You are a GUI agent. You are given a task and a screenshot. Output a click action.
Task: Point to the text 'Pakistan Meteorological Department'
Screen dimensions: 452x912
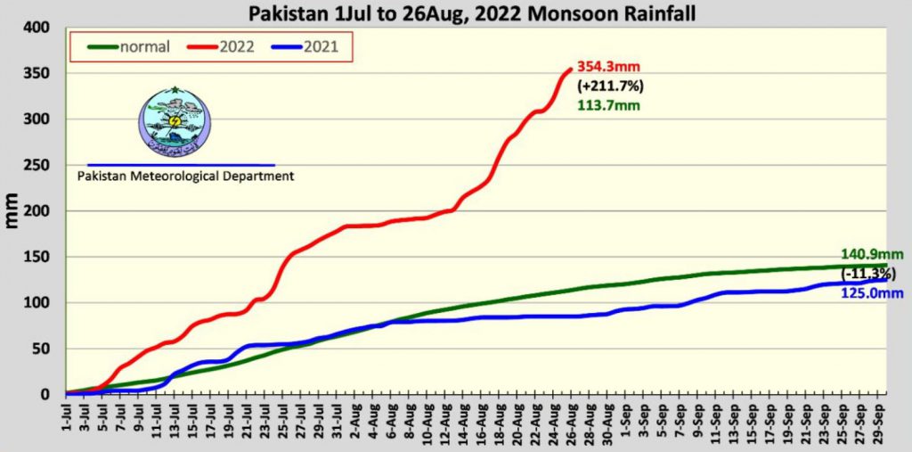pyautogui.click(x=185, y=177)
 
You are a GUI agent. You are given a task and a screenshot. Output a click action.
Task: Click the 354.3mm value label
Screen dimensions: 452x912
pyautogui.click(x=608, y=67)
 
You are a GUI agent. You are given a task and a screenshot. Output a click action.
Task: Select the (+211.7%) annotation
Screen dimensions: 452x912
pyautogui.click(x=611, y=86)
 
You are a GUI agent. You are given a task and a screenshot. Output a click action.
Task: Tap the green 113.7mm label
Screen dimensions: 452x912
pyautogui.click(x=608, y=105)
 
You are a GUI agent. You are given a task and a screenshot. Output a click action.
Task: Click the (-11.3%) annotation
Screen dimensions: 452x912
pyautogui.click(x=868, y=273)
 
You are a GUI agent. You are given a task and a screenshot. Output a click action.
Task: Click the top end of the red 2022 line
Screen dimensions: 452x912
pyautogui.click(x=569, y=70)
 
